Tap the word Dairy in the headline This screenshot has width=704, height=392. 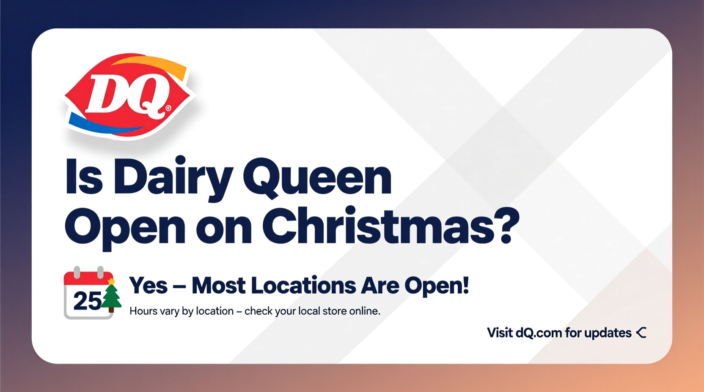tap(173, 177)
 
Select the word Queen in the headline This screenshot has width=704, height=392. tap(317, 177)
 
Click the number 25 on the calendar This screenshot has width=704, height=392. tap(87, 301)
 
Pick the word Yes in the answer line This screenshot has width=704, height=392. tap(148, 286)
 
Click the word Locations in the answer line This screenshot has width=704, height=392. tap(303, 286)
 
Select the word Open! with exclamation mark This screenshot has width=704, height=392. tap(437, 286)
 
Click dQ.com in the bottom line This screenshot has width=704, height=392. tap(539, 333)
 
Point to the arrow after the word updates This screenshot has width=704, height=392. tap(641, 333)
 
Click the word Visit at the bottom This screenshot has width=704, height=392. tap(500, 333)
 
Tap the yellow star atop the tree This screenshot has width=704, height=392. tap(111, 281)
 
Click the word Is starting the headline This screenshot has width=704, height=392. tap(84, 177)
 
